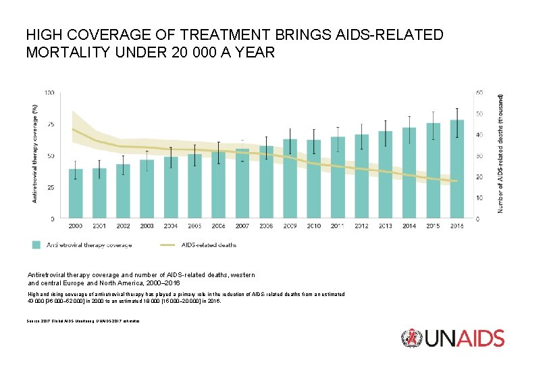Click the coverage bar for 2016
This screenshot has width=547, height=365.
coord(457,169)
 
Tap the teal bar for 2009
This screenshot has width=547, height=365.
coord(290,179)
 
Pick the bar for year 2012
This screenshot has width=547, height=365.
coord(362,176)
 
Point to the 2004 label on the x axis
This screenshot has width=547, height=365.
coord(171,226)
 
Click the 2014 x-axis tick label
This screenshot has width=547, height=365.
coord(409,226)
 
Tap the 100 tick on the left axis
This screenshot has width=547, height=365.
coord(50,93)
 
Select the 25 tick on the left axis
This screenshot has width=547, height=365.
coord(51,187)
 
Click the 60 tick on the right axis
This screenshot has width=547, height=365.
coord(480,92)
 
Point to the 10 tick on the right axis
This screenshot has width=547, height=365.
coord(479,198)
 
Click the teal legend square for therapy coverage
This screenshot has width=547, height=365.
coord(36,245)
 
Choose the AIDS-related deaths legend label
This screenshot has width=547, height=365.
coord(209,245)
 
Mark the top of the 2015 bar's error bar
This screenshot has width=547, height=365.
coord(433,112)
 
